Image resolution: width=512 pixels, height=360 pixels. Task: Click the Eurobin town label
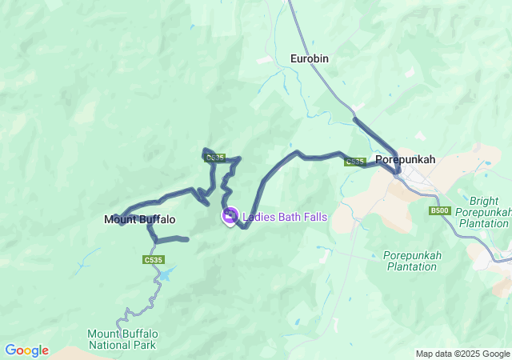(x=309, y=58)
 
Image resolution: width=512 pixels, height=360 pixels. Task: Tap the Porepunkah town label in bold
(x=405, y=159)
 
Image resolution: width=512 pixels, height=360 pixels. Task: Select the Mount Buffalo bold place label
(x=139, y=219)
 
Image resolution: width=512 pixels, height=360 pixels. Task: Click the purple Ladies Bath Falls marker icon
(x=230, y=216)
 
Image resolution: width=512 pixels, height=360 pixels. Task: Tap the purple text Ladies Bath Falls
(x=284, y=217)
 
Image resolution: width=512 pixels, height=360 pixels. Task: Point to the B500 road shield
(x=439, y=210)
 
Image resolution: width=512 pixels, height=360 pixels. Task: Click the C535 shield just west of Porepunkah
(x=354, y=162)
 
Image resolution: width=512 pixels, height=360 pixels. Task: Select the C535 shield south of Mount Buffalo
(x=154, y=260)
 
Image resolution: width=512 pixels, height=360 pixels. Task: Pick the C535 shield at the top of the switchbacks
(x=214, y=158)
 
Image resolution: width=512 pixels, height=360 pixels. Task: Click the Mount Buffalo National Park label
(x=122, y=339)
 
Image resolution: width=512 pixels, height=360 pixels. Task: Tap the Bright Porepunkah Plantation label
(x=485, y=212)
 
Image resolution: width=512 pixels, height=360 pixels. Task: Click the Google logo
(x=26, y=350)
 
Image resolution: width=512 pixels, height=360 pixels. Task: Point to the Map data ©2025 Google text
(x=462, y=354)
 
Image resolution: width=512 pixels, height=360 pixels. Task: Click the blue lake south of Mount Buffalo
(x=166, y=274)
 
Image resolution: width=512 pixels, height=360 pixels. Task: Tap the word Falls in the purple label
(x=314, y=217)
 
